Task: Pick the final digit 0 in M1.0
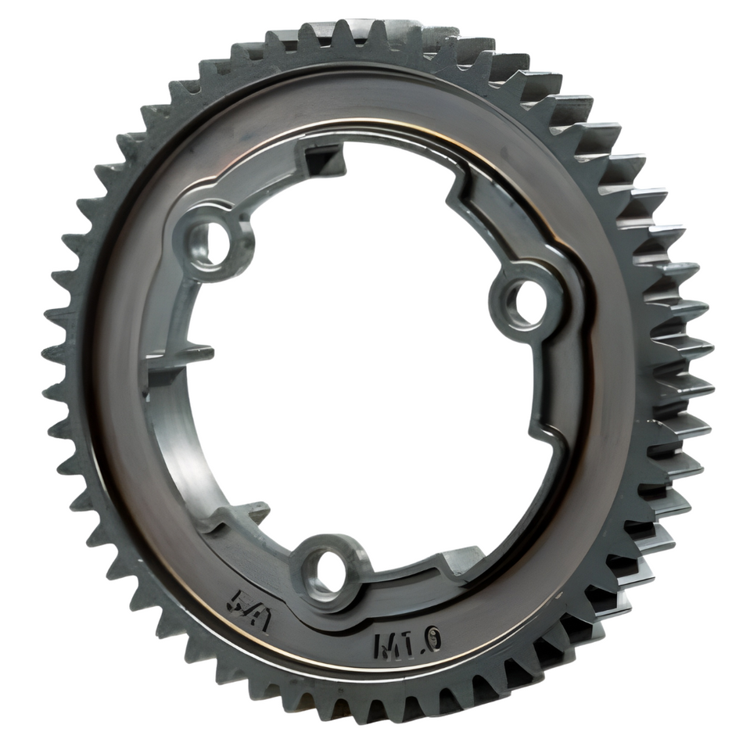point(433,641)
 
